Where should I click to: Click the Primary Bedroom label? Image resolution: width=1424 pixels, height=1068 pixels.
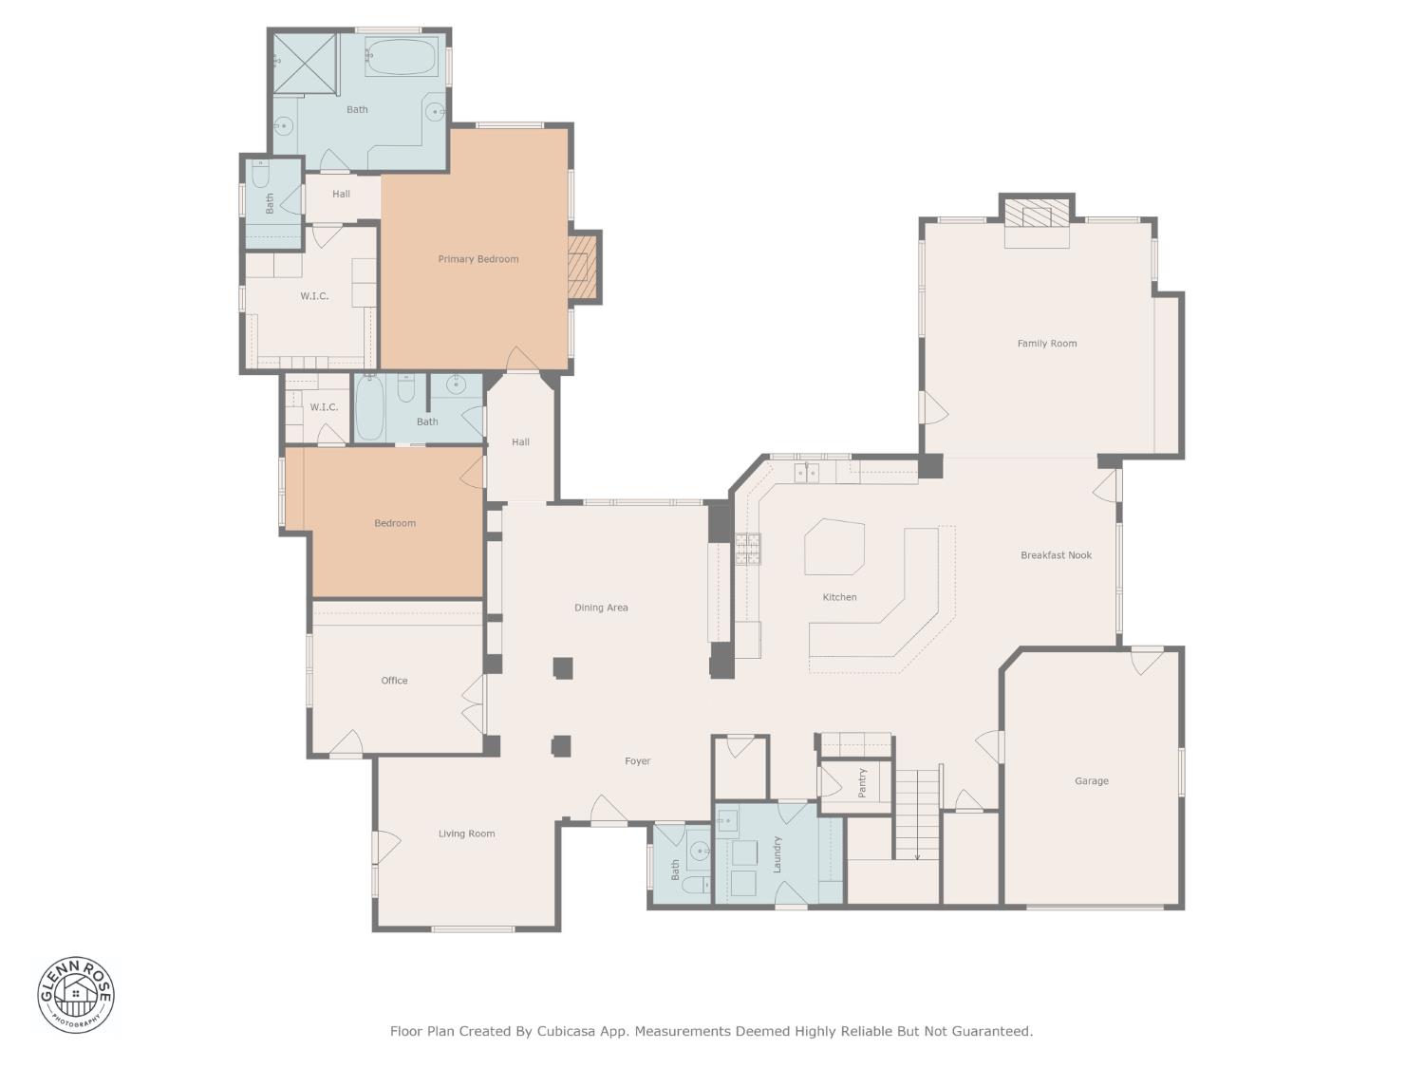478,259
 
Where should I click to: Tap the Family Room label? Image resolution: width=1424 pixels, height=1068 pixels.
1047,344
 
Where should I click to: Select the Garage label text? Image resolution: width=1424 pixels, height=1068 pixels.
1091,781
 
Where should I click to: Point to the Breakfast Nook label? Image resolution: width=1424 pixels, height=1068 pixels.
1056,555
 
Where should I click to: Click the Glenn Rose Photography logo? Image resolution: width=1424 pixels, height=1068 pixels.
76,995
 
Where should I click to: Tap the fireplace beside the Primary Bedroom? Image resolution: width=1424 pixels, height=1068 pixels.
581,267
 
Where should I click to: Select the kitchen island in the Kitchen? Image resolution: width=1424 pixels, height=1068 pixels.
834,547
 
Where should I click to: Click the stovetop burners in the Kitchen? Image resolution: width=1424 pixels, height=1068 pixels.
748,549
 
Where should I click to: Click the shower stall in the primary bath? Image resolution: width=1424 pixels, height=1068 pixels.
306,64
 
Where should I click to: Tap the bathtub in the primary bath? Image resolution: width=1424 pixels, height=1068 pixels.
401,57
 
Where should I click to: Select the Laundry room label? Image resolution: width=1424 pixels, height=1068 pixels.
777,853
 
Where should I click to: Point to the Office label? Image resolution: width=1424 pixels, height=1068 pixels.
394,681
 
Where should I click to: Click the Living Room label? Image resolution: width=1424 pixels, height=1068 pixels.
466,834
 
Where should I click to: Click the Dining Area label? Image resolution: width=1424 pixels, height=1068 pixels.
601,608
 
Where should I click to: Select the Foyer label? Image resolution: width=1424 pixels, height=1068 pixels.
637,761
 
